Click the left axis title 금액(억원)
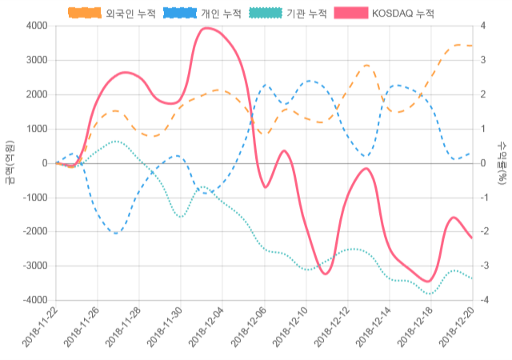click(9, 162)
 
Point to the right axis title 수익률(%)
click(502, 162)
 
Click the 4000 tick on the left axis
click(35, 26)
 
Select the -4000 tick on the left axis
click(33, 300)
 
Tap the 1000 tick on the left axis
click(35, 129)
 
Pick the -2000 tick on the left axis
click(33, 231)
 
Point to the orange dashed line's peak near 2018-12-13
click(366, 65)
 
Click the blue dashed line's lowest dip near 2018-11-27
click(117, 234)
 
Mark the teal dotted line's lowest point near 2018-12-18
click(430, 294)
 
